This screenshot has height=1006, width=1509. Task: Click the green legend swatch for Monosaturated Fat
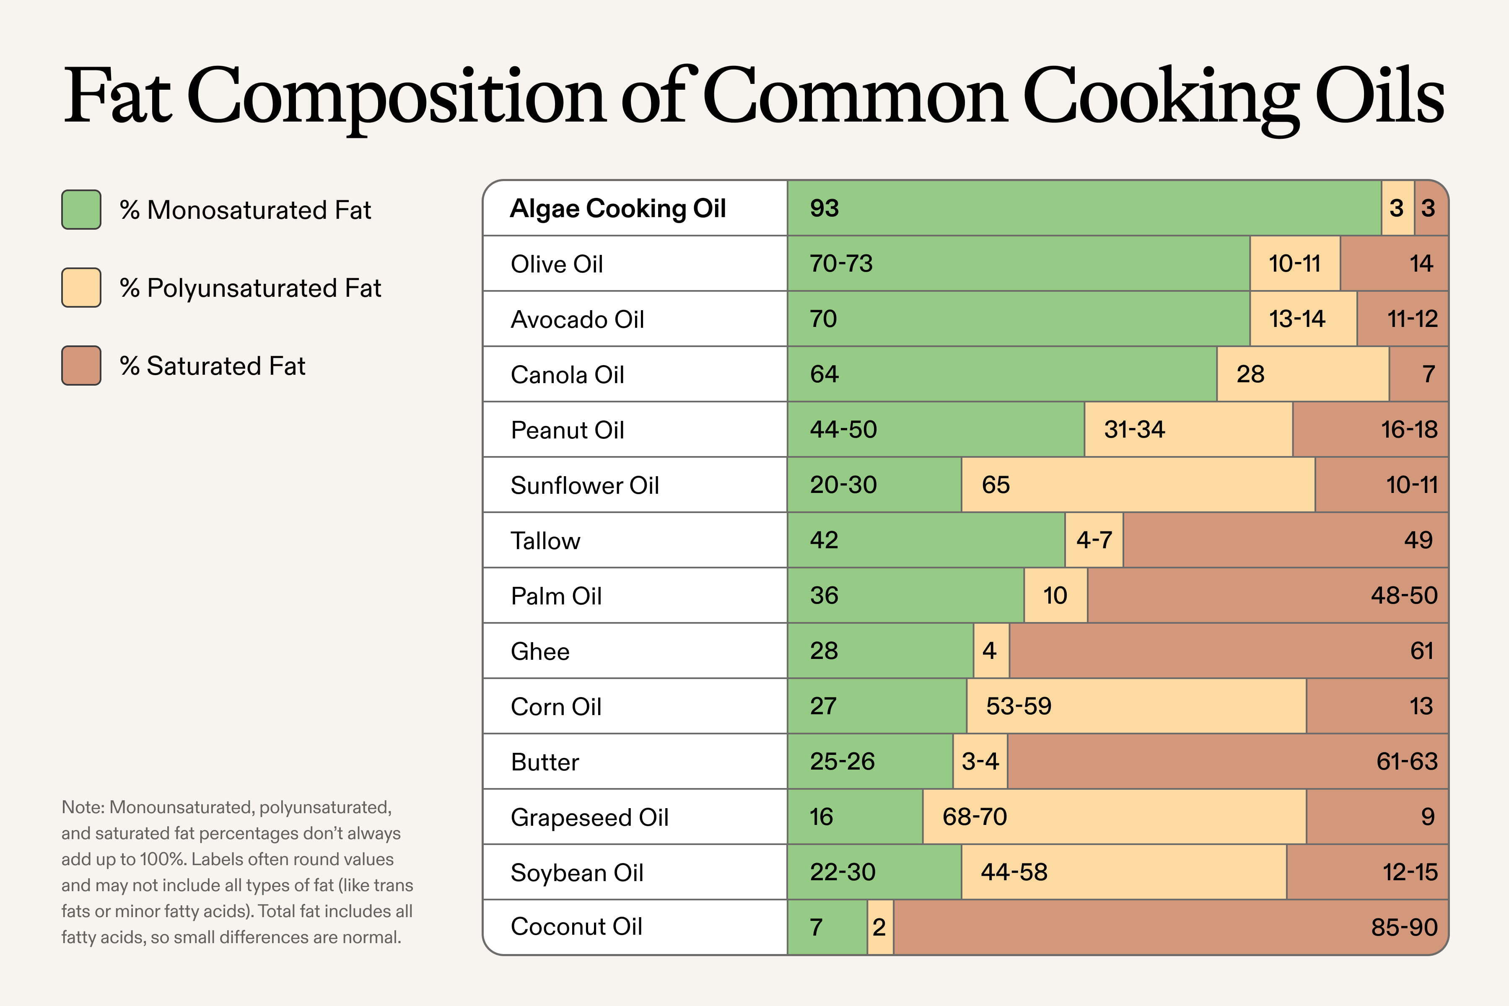(81, 210)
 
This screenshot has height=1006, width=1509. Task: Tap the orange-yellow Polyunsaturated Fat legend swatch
(81, 288)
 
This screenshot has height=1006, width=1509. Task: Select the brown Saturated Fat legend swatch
(81, 366)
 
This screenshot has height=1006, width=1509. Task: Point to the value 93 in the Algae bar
(825, 208)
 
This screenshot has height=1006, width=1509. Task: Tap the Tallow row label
(545, 541)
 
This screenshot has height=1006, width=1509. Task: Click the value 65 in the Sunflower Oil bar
(996, 485)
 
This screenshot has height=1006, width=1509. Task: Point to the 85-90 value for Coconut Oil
(1404, 927)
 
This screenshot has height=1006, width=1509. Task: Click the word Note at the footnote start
(82, 807)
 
